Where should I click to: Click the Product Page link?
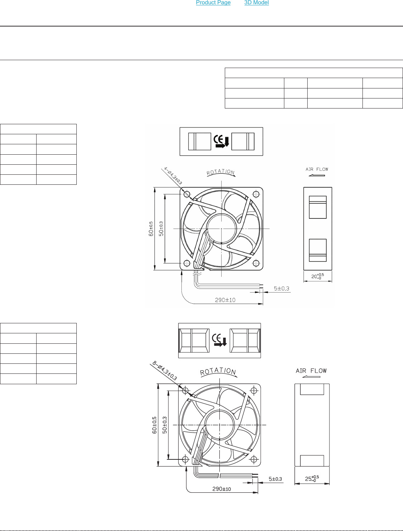[x=213, y=3]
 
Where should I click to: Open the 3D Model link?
[x=256, y=3]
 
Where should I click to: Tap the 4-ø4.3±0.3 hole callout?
[x=173, y=176]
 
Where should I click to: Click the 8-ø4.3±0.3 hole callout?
[x=165, y=371]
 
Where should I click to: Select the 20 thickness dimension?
[x=318, y=276]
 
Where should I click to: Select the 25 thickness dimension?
[x=312, y=478]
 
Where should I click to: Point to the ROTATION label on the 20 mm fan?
[x=221, y=172]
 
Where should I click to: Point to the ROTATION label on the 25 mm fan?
[x=218, y=371]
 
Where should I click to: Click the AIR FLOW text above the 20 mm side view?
[x=317, y=169]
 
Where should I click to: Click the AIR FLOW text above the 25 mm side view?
[x=311, y=371]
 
